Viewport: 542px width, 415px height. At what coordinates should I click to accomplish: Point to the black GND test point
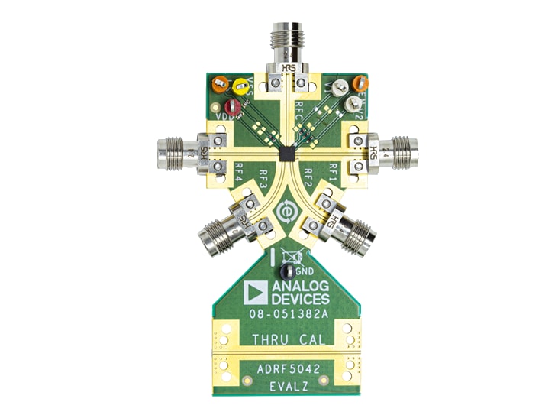[287, 271]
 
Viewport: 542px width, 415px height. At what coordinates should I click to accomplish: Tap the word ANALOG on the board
[300, 287]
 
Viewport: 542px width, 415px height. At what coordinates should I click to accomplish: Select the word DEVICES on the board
[300, 299]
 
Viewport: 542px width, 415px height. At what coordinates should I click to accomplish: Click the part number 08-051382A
[287, 314]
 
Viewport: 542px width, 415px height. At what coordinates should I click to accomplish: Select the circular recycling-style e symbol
[287, 211]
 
